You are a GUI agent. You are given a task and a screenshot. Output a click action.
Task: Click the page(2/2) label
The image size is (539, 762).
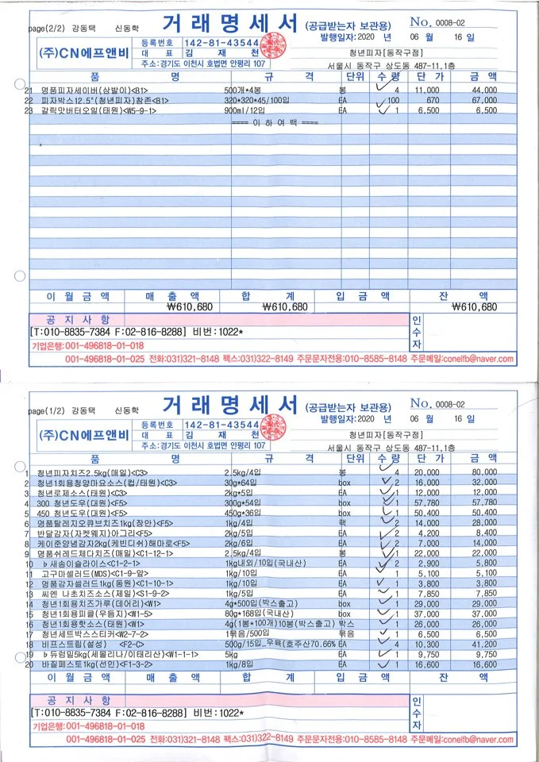coord(48,29)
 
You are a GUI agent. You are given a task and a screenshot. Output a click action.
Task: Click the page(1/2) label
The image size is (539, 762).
coord(48,410)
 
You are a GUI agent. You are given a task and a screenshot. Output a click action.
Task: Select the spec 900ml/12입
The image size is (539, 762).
coord(247,111)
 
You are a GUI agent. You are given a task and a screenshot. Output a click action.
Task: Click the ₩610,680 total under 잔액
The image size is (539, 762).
coord(474,307)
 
